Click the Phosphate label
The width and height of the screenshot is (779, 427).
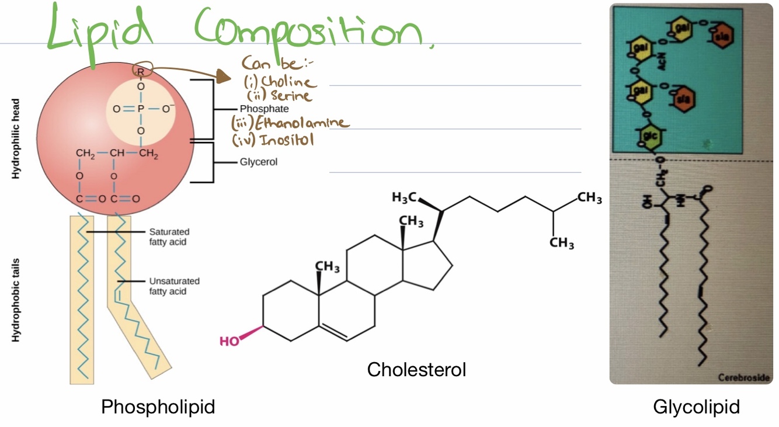(264, 109)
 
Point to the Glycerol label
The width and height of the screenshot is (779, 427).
(259, 162)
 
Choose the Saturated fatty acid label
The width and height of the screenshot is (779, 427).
(169, 237)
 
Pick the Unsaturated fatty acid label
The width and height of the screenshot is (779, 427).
(174, 286)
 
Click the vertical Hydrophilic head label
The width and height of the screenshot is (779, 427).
(17, 139)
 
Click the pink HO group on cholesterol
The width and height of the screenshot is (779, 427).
(230, 341)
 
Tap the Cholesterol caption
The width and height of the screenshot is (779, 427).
(416, 369)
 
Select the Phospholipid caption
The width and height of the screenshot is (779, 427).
(158, 407)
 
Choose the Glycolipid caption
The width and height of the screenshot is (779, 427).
(696, 407)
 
